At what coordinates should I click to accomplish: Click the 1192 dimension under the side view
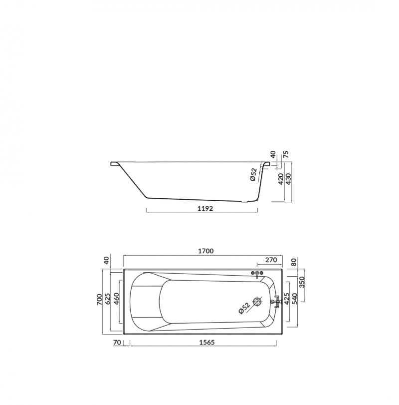click(205, 208)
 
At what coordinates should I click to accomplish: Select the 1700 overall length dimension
click(206, 251)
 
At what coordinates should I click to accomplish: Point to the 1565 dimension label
click(207, 342)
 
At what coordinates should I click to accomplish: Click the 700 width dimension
click(99, 300)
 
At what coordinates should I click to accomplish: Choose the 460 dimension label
click(116, 299)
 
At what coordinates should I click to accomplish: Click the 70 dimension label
click(117, 342)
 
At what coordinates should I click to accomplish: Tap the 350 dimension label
click(303, 282)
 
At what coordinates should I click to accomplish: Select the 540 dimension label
click(295, 298)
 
